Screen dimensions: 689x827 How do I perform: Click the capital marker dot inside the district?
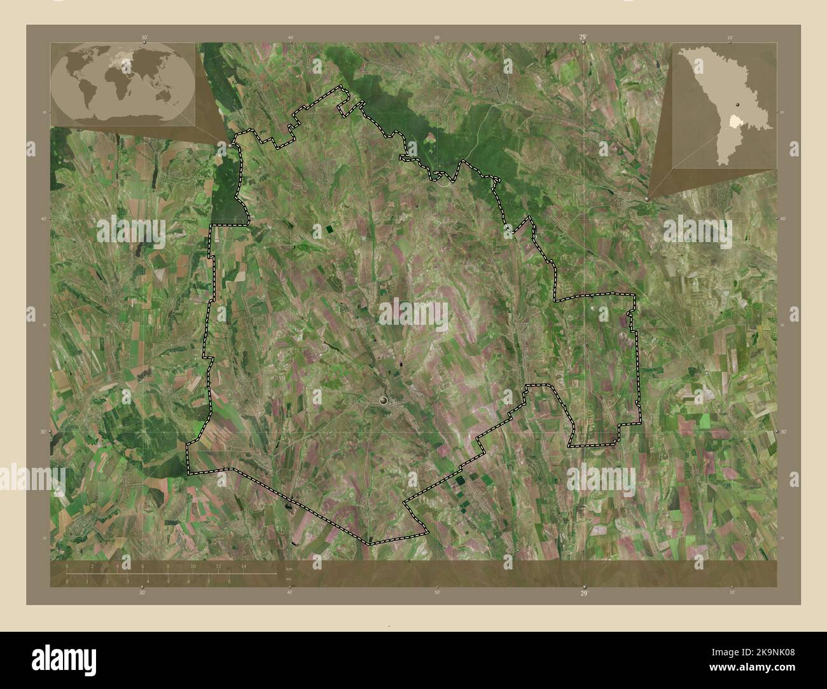coord(383,400)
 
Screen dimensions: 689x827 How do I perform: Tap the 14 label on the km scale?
coord(243,566)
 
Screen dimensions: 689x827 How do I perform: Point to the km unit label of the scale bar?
coord(289,568)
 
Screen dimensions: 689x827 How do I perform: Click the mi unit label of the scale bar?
coord(288,580)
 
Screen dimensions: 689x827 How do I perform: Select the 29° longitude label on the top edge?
coord(583,38)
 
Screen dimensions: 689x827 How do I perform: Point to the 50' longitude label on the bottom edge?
coord(437,592)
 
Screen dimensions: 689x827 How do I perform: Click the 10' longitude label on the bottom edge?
coord(732,592)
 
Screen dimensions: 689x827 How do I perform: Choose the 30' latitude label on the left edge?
coord(43,432)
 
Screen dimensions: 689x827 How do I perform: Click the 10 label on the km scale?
coord(193,566)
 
